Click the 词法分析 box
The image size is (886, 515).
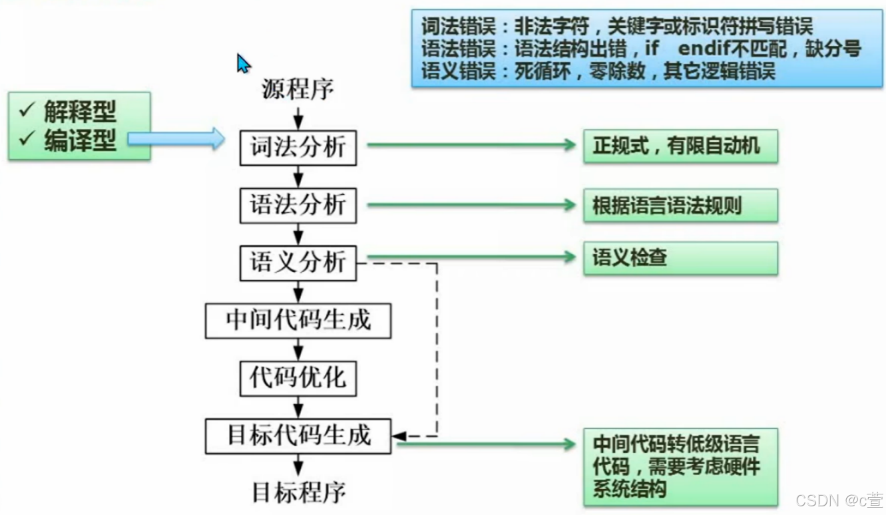point(298,147)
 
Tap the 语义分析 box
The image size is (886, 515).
point(298,262)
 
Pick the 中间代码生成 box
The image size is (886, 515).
point(298,321)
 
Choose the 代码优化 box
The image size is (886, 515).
point(298,379)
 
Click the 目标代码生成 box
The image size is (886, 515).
point(298,436)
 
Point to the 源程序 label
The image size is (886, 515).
point(298,89)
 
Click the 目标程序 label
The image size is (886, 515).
point(299,493)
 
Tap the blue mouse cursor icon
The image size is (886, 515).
point(243,63)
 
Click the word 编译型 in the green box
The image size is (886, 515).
point(80,140)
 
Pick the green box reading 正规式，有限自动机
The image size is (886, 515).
point(680,146)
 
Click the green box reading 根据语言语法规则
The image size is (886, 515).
point(680,205)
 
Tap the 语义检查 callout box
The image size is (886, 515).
point(680,257)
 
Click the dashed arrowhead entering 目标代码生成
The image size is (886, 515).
point(399,436)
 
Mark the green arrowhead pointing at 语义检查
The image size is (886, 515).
point(570,257)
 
